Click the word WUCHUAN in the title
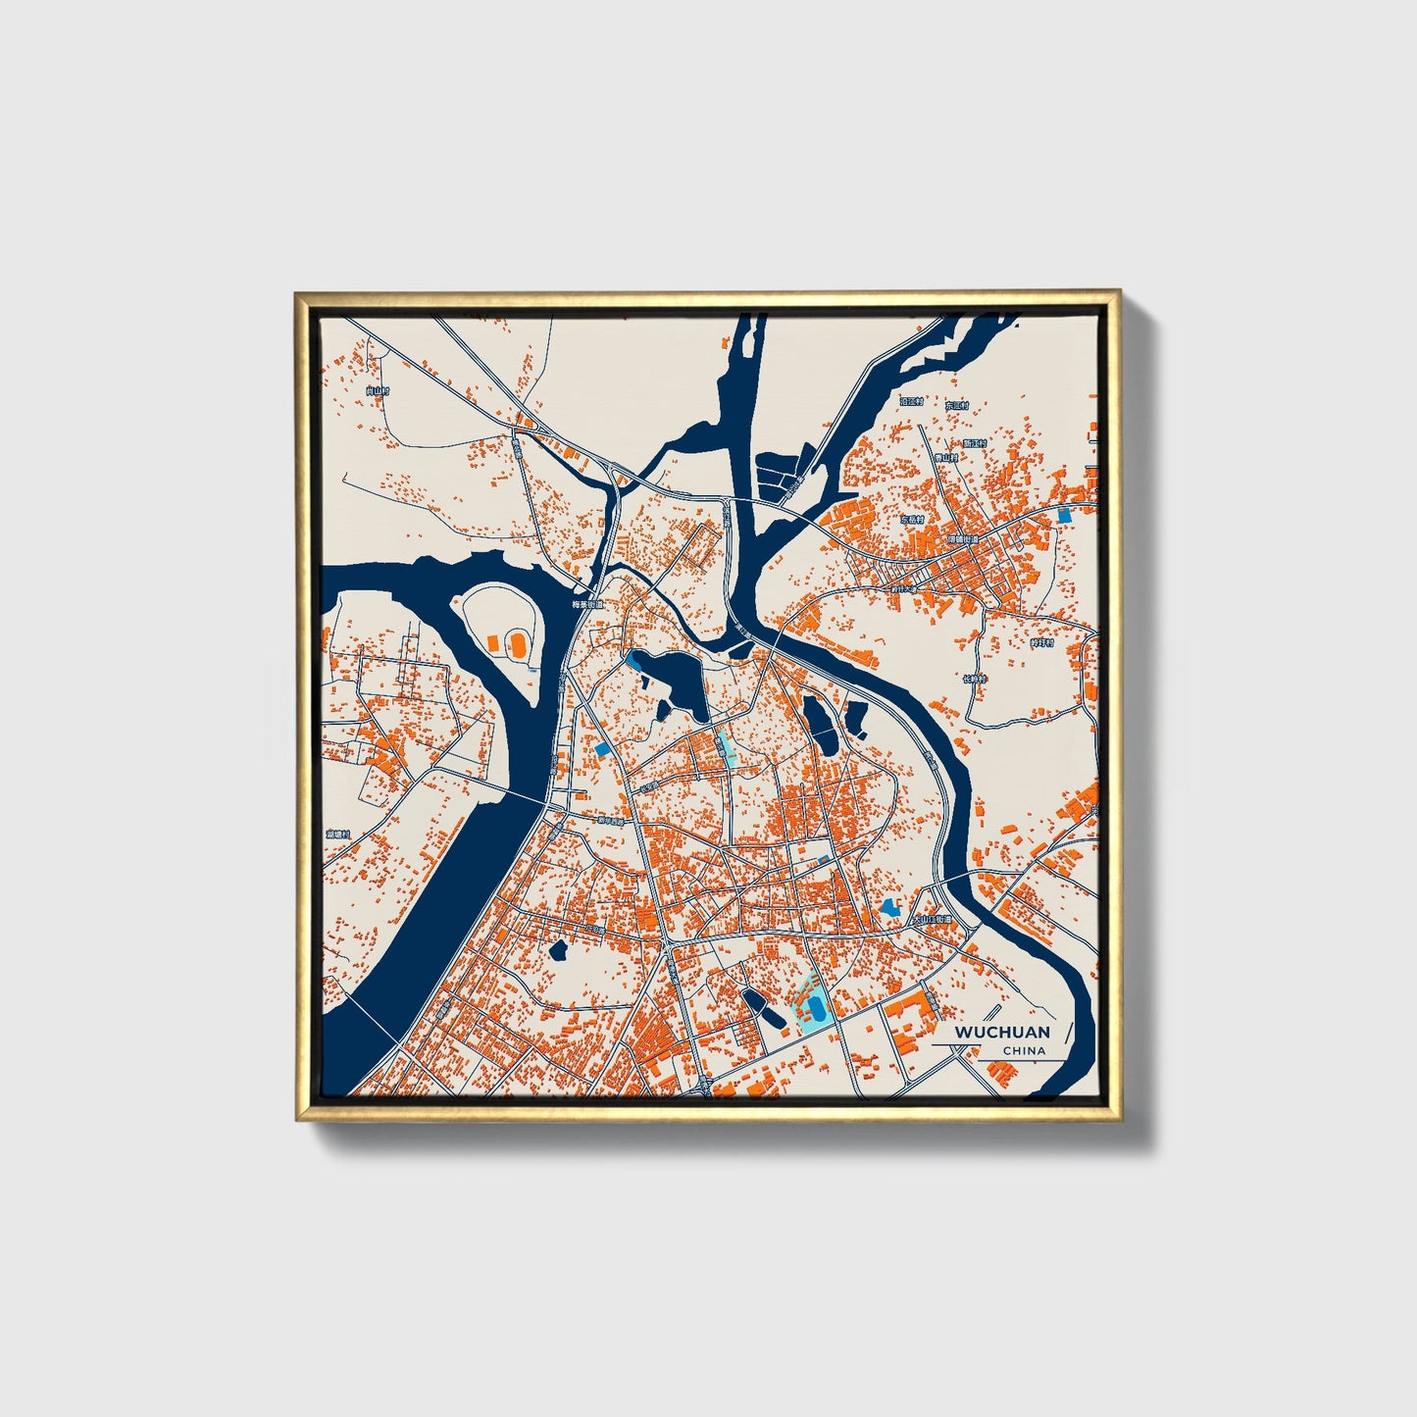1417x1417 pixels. click(x=1001, y=1032)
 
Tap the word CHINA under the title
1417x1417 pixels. click(x=1024, y=1050)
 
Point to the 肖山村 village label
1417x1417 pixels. click(x=377, y=390)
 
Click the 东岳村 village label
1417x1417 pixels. click(x=913, y=520)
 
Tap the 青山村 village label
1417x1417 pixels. click(x=944, y=457)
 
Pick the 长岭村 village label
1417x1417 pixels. click(x=974, y=679)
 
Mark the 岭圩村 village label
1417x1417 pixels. click(x=1040, y=642)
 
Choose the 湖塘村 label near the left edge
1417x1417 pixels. click(x=338, y=834)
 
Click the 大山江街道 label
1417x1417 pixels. click(x=932, y=920)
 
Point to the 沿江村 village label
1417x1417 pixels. click(x=911, y=401)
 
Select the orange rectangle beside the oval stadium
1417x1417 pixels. click(x=493, y=641)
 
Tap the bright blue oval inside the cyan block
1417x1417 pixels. click(x=815, y=1007)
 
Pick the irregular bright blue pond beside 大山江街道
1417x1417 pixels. click(x=890, y=908)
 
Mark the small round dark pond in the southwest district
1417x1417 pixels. click(x=560, y=949)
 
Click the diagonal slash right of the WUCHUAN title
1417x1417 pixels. click(x=1068, y=1032)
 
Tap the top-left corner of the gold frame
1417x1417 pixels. click(x=297, y=293)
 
